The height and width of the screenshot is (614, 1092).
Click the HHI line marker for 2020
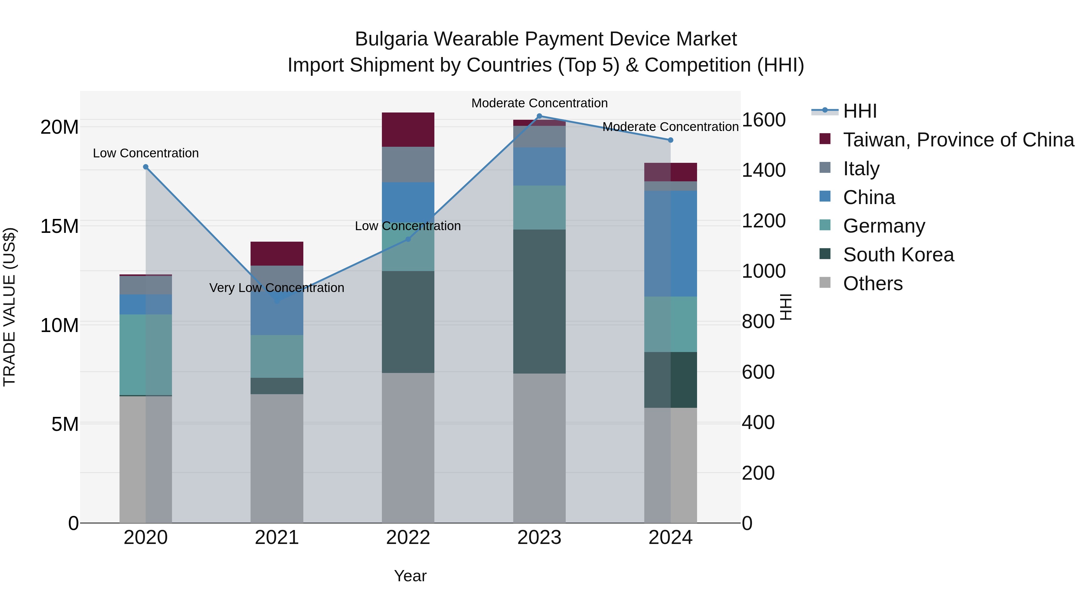[x=146, y=167]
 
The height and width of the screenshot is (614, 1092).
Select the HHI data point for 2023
[x=539, y=116]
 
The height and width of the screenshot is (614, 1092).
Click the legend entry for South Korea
[x=898, y=255]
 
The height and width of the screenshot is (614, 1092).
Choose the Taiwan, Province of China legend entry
[x=958, y=140]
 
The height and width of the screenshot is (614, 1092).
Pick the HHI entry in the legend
[x=859, y=111]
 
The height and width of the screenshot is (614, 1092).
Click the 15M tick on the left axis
[x=59, y=226]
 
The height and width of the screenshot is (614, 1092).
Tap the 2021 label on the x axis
[x=277, y=538]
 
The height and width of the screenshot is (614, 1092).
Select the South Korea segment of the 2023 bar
[x=539, y=301]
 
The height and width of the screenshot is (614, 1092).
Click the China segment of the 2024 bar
[x=670, y=244]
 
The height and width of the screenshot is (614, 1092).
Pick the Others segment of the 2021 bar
[x=277, y=458]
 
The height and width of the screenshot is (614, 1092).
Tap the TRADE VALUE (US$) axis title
[x=9, y=307]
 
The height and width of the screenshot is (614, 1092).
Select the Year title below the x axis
[x=410, y=576]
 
